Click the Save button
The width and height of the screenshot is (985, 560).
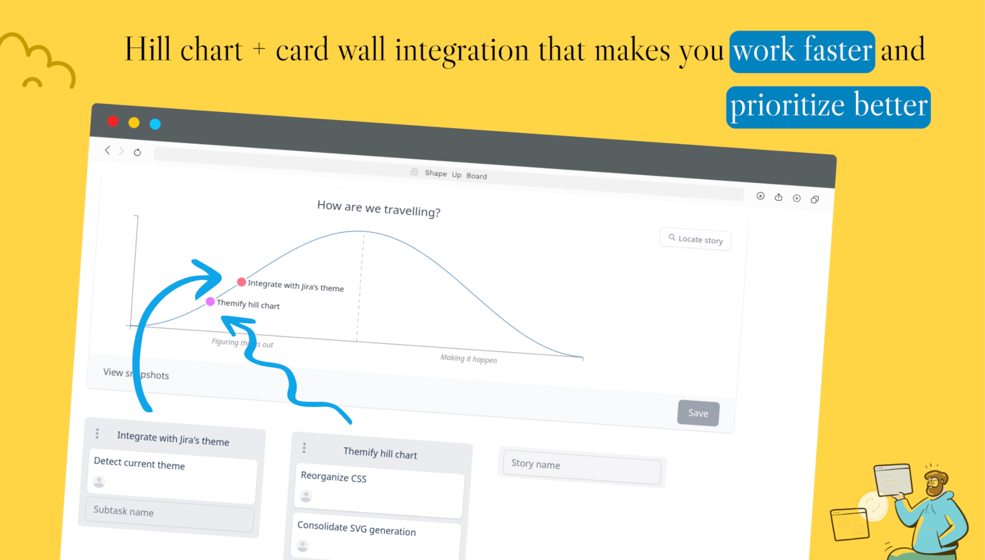point(699,413)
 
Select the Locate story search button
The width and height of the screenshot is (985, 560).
point(695,239)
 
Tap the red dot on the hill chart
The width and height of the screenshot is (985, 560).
point(242,282)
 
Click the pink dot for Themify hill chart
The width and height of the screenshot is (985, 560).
point(210,302)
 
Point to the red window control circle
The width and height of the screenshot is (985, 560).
point(113,121)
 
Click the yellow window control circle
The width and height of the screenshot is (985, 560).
point(134,123)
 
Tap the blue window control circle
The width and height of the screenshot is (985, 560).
point(155,124)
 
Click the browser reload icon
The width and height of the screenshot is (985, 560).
point(138,152)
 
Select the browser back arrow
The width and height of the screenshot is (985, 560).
point(107,151)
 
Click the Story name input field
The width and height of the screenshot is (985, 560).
point(582,467)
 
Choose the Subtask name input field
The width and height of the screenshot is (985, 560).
point(170,513)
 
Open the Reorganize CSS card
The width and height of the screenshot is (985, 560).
point(379,490)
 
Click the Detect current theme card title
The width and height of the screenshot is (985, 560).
point(139,464)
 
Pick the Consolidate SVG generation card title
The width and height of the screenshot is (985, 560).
point(357,529)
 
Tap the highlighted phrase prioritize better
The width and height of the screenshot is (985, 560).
point(829,107)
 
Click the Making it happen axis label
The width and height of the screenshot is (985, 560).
point(469,358)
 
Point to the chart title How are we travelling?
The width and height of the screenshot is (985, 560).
point(379,209)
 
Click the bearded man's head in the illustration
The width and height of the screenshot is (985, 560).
point(936,483)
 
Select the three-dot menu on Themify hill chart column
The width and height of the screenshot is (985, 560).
point(304,448)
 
